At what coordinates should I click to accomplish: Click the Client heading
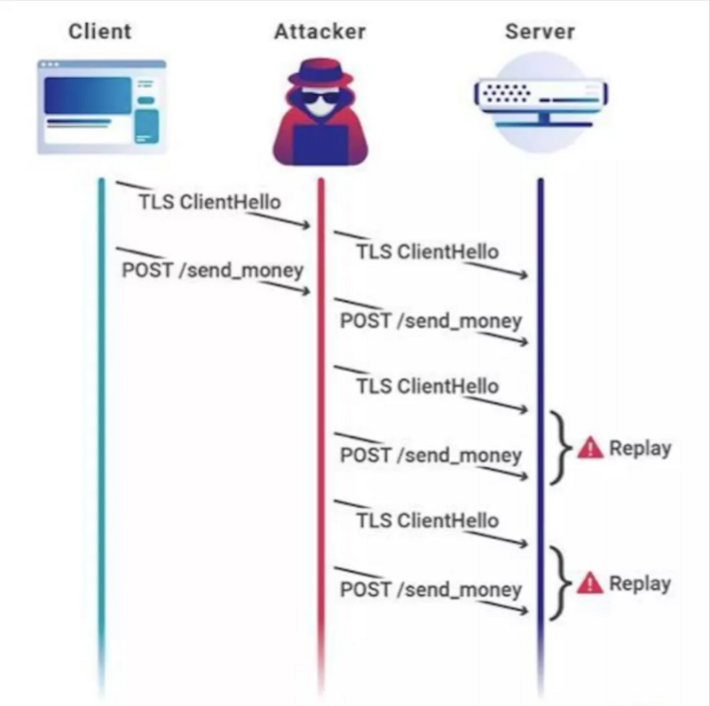click(x=99, y=31)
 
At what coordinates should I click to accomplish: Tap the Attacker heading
click(x=319, y=32)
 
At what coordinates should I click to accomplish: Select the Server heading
click(x=540, y=32)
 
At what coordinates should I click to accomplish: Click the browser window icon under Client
click(x=101, y=105)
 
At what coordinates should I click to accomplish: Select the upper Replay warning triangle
click(x=589, y=448)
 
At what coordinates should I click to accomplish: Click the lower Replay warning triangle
click(x=589, y=583)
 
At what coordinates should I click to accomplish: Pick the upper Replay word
click(x=639, y=448)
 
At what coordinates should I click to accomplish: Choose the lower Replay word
click(x=639, y=583)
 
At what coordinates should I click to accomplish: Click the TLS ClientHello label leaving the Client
click(x=209, y=202)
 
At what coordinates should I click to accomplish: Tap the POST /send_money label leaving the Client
click(x=211, y=269)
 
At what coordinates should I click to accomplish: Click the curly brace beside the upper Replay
click(x=560, y=448)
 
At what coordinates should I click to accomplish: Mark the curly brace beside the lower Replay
click(x=560, y=583)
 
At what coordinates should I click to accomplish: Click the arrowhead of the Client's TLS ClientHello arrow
click(x=307, y=226)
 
